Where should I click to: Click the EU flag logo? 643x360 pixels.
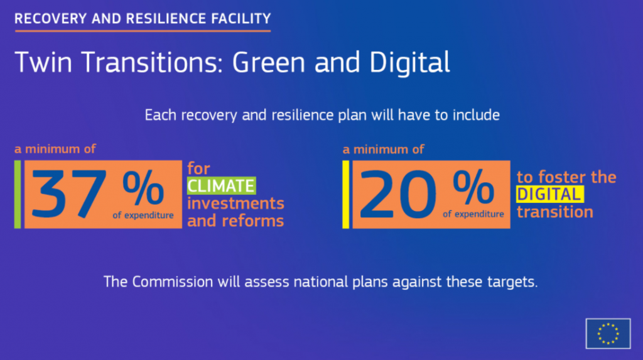(x=608, y=334)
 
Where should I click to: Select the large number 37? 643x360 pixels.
(x=69, y=194)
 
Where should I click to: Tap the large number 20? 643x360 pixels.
(x=397, y=194)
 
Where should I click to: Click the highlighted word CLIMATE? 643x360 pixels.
(x=222, y=186)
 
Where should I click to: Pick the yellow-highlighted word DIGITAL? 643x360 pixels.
(x=549, y=195)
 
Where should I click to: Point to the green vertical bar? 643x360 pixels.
(x=18, y=194)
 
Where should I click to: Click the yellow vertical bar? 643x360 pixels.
(x=346, y=194)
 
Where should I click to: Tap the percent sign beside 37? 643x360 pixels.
(x=143, y=188)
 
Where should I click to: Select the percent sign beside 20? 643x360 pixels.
(x=473, y=187)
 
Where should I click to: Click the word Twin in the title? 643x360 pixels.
(x=43, y=62)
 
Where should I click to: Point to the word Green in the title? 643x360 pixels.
(x=269, y=62)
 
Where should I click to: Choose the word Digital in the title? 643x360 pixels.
(x=409, y=62)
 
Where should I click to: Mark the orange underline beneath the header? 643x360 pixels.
(x=143, y=31)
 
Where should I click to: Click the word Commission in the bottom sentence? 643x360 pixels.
(x=173, y=282)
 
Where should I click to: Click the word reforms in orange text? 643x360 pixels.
(x=252, y=221)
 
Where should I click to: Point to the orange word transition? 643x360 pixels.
(x=555, y=212)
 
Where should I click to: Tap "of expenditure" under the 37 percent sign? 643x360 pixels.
(x=143, y=215)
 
